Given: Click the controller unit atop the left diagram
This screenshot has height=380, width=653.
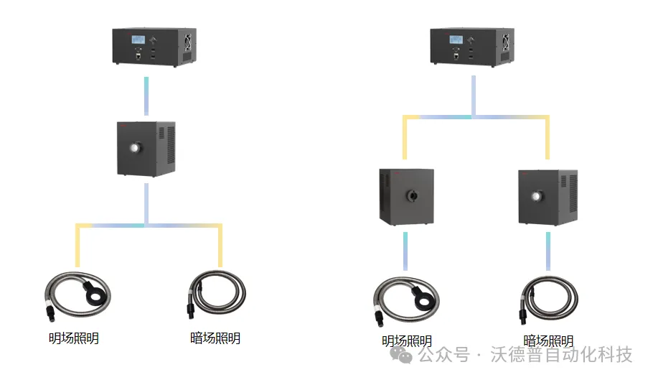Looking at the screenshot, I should click(x=154, y=47).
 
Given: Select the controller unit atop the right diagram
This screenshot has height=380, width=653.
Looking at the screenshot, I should click(x=470, y=47).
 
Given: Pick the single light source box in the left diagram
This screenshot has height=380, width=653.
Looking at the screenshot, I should click(x=146, y=149).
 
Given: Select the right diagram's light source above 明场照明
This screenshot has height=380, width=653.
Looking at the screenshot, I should click(x=406, y=196).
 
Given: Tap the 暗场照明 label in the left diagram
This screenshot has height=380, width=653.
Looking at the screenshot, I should click(x=215, y=338).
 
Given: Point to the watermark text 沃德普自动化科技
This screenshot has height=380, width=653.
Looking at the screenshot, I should click(x=561, y=355).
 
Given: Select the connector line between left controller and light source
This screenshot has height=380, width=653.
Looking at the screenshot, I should click(x=146, y=95).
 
